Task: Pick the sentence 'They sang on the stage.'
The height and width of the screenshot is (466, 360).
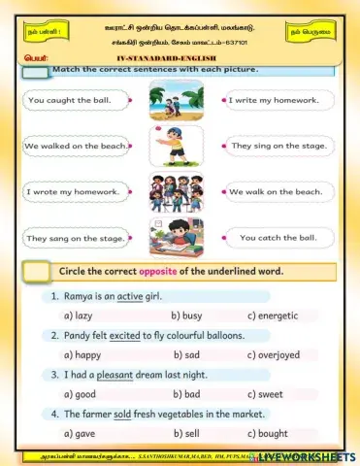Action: pos(74,238)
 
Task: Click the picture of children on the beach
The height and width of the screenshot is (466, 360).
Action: pos(176,99)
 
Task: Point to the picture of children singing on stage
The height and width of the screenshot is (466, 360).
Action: pos(176,191)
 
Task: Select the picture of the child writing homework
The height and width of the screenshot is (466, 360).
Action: pos(176,237)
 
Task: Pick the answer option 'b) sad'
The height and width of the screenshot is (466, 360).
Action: pos(185,355)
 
